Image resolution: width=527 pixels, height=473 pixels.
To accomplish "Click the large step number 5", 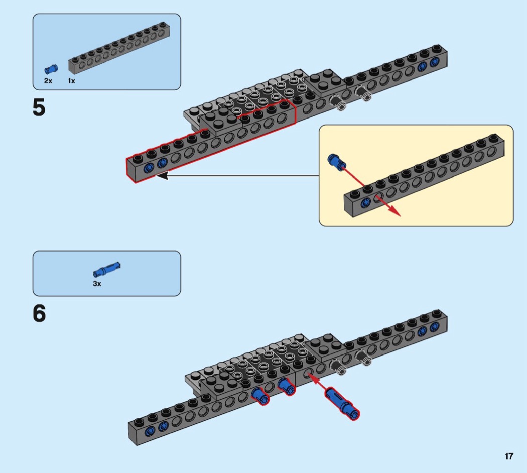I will point(39,108).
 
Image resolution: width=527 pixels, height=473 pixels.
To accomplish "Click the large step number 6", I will point(39,314).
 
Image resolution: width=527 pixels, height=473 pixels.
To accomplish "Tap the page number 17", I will point(509,456).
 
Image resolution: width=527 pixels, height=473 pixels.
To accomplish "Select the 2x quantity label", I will point(48,80).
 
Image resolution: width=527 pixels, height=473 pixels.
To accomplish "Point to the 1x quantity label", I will point(72,80).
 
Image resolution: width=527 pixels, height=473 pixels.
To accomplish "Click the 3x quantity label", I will point(97,284).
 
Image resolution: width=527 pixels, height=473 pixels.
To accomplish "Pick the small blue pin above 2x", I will point(50,69).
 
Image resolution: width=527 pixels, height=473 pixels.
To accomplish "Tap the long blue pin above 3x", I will point(107,270).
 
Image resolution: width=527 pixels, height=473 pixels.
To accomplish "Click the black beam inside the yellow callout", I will point(427,176).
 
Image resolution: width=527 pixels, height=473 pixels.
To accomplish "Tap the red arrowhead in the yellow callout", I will point(396,213).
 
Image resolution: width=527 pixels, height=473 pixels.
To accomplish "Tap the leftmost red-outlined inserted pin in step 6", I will point(260,395).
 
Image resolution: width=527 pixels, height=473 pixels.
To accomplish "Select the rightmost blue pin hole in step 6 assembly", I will point(434,326).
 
